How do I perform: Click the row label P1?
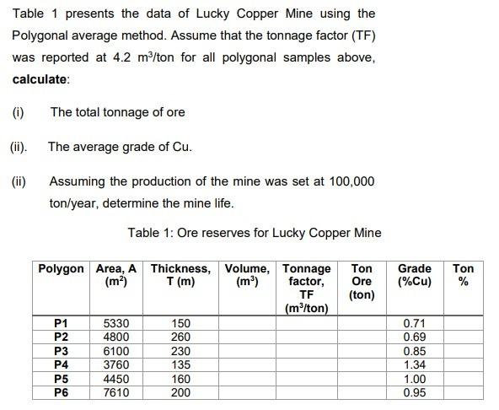[60, 323]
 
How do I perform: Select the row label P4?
[60, 365]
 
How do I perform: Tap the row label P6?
[60, 393]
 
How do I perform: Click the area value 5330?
[115, 323]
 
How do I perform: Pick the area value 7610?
[115, 393]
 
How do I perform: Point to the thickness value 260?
[180, 337]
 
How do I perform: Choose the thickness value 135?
[180, 365]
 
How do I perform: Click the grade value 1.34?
[414, 365]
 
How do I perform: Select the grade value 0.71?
[414, 323]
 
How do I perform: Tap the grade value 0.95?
[414, 393]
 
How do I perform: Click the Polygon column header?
[61, 269]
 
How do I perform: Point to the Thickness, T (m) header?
[180, 275]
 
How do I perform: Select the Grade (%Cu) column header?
[414, 275]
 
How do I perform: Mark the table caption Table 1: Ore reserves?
[254, 233]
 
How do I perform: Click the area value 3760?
[115, 365]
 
